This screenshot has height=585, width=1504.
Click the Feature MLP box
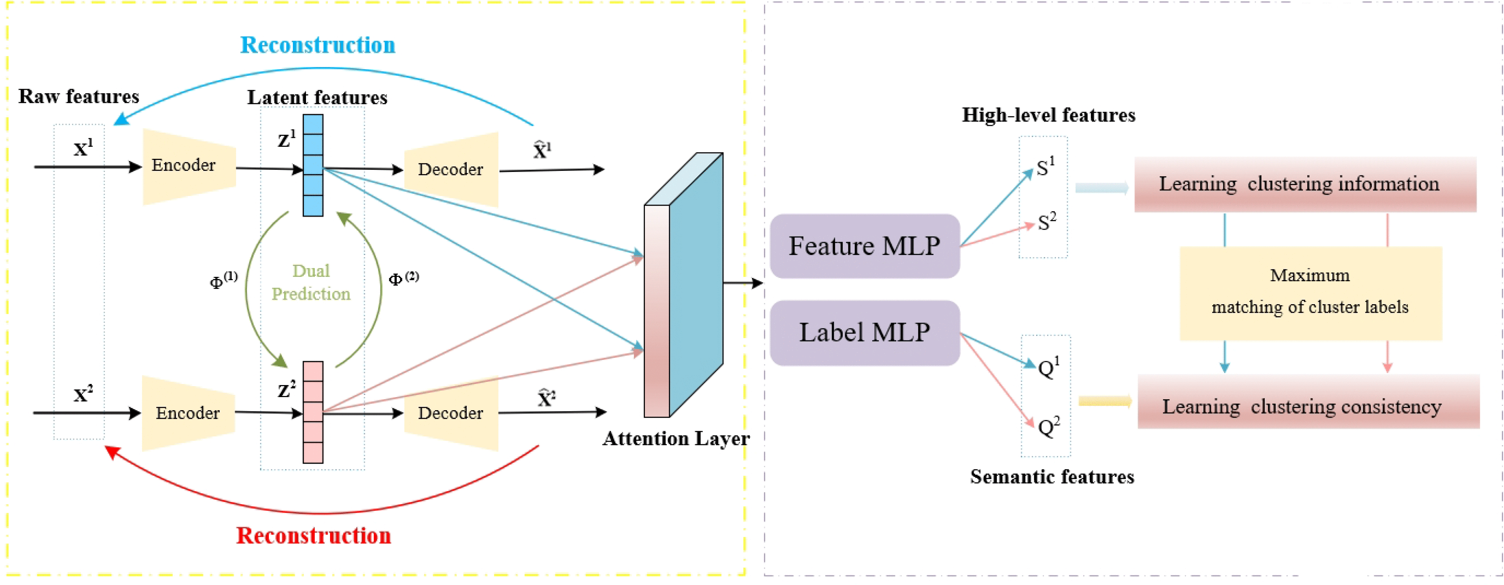(x=864, y=246)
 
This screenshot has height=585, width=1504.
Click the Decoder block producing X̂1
(x=451, y=169)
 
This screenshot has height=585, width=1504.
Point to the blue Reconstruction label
(x=318, y=45)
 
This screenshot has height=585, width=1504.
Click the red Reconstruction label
(x=313, y=535)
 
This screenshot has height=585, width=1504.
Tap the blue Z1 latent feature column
(x=313, y=165)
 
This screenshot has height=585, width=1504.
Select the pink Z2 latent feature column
(x=313, y=412)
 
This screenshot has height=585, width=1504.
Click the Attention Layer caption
(x=675, y=439)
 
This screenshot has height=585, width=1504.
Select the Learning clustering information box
(x=1305, y=184)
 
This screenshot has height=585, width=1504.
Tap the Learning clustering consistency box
(x=1308, y=406)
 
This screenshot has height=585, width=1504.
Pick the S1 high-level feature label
(x=1045, y=168)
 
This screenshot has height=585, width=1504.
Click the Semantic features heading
(x=1052, y=477)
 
